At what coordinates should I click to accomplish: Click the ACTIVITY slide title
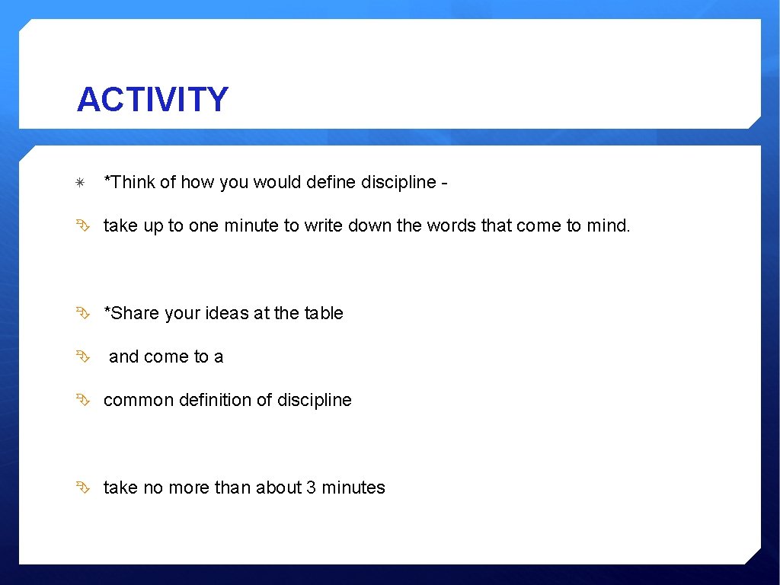pos(152,100)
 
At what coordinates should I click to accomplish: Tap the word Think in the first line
pos(130,183)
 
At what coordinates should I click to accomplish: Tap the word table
pos(324,314)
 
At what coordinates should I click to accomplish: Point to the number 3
pos(311,488)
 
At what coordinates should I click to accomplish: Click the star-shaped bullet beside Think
pos(81,184)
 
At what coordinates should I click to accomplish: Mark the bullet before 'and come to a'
pos(82,356)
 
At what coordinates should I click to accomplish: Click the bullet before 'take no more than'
pos(82,487)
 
